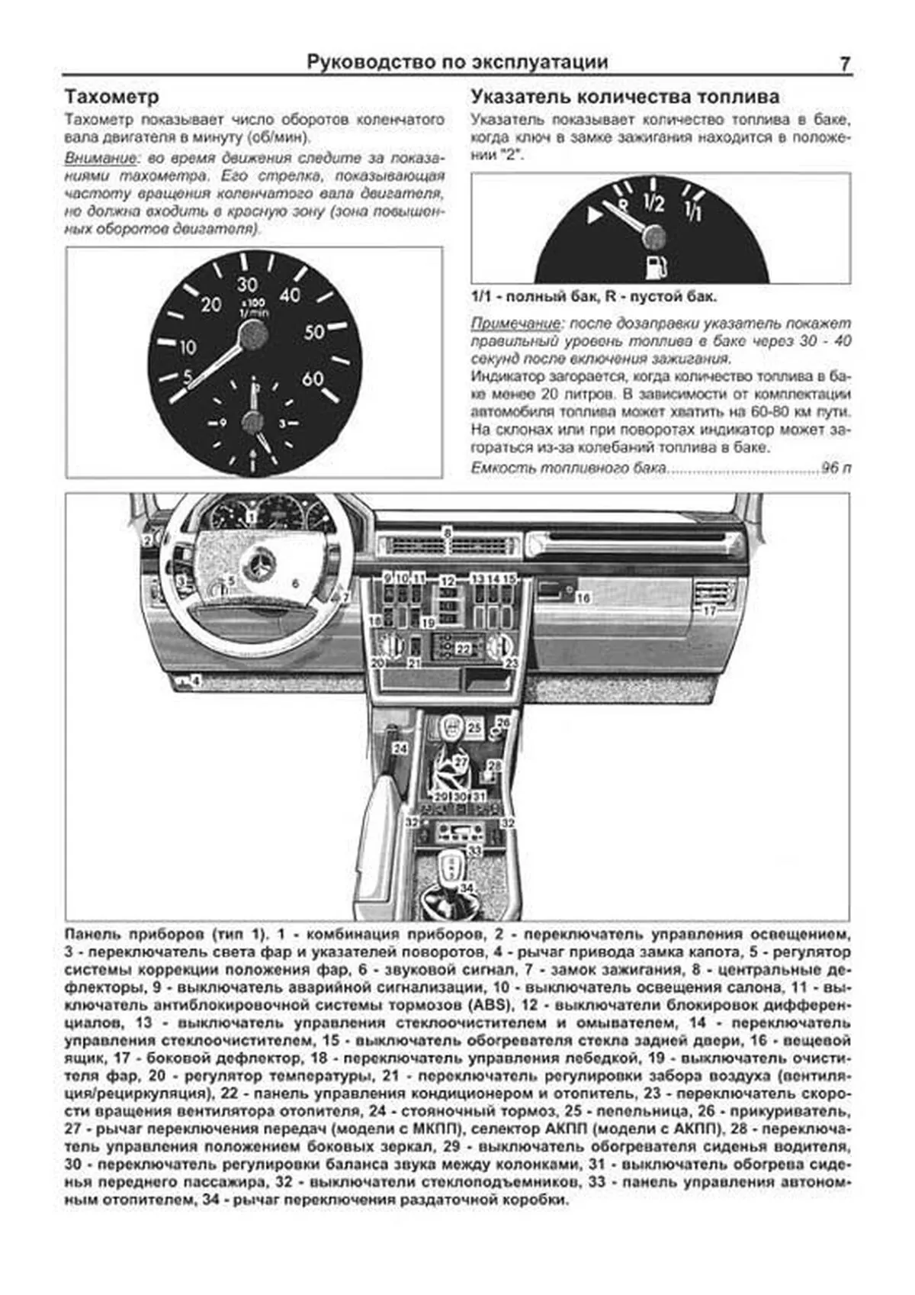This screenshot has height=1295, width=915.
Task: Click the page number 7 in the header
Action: pos(844,64)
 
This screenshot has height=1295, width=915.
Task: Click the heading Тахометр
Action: pos(111,98)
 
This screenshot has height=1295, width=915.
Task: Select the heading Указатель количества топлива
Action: pos(624,97)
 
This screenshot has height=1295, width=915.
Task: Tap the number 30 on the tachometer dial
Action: pos(247,284)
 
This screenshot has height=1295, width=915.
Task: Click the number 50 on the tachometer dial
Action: pos(315,332)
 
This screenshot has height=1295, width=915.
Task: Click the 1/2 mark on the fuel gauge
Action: pos(653,202)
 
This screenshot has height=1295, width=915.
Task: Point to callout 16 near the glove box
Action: pos(583,598)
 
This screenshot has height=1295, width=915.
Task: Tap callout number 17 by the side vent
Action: pos(710,610)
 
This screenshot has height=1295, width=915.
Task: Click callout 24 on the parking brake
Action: pos(400,749)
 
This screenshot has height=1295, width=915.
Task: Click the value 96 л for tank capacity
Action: pos(836,468)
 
